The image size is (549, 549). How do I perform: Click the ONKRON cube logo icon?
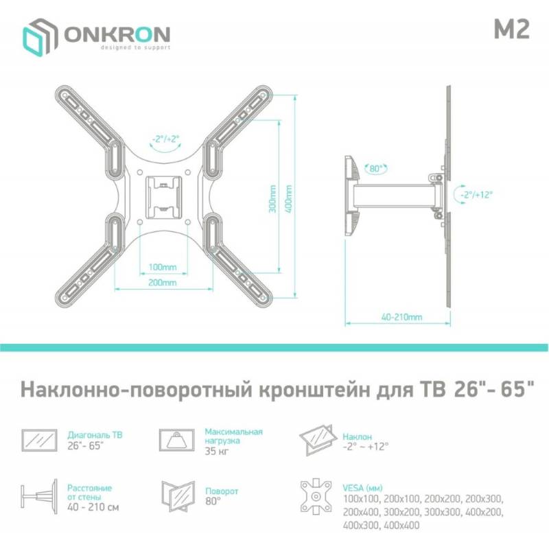point(40,37)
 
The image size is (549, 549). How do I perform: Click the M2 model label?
point(511,29)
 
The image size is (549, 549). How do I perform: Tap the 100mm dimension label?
point(163,267)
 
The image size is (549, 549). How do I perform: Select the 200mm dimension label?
point(163,282)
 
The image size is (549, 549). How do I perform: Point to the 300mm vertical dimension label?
point(272,198)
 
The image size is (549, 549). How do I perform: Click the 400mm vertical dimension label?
point(288,199)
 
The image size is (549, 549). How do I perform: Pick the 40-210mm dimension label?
point(401,317)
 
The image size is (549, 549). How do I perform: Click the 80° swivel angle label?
point(375,168)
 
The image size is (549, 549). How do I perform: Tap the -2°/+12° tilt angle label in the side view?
point(476,195)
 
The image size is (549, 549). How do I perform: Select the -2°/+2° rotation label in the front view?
point(165,139)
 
